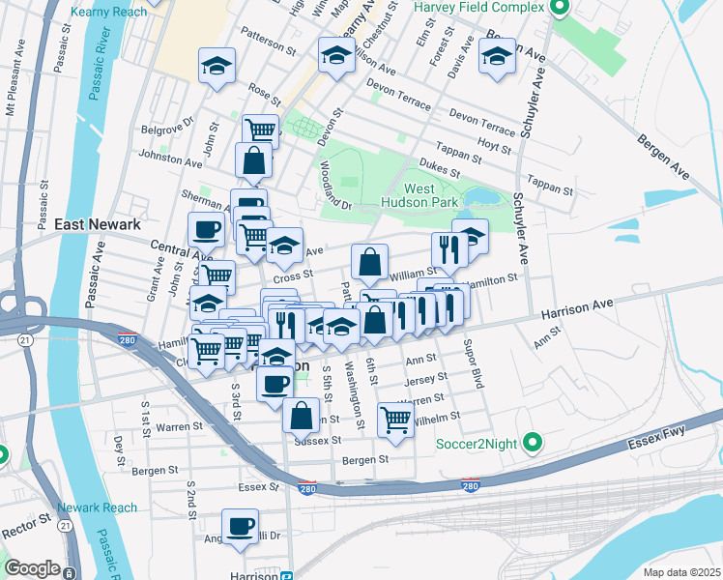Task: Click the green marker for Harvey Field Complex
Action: click(559, 9)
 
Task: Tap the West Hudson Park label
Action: click(431, 196)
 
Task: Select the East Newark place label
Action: click(98, 224)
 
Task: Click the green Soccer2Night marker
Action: click(531, 444)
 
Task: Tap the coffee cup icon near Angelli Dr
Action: click(240, 526)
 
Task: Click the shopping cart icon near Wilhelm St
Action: click(395, 419)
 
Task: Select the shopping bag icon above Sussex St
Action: click(301, 416)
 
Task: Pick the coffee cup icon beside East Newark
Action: click(206, 230)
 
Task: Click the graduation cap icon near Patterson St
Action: click(217, 66)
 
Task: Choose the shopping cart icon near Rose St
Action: click(260, 130)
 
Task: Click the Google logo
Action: click(32, 568)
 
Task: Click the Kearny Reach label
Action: click(109, 12)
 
